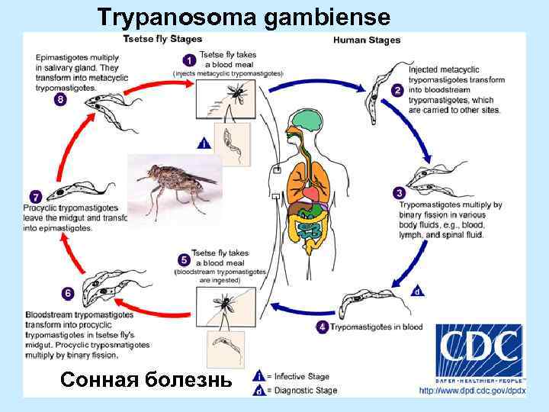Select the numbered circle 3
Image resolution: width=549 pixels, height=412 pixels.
click(397, 192)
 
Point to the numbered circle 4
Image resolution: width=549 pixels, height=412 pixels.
click(323, 327)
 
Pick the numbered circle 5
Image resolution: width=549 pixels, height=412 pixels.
click(183, 259)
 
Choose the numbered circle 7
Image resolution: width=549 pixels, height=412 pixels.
click(32, 195)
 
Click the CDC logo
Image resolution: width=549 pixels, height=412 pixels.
click(479, 352)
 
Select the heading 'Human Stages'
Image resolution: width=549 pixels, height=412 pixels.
click(367, 40)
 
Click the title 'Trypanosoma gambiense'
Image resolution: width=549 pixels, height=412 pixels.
click(244, 17)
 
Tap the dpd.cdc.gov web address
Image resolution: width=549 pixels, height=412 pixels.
click(472, 391)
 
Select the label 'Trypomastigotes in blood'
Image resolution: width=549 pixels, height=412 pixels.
click(375, 327)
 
